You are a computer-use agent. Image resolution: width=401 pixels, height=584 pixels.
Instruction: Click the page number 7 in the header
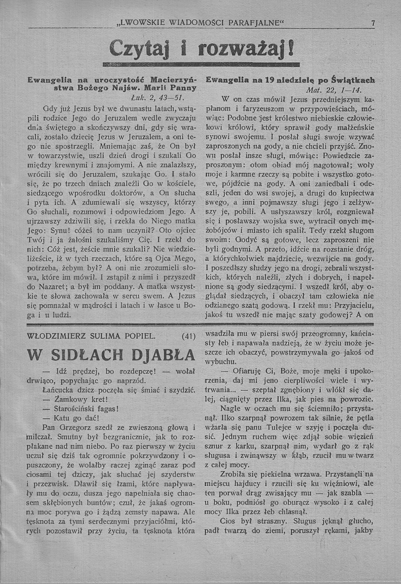(x=373, y=23)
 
